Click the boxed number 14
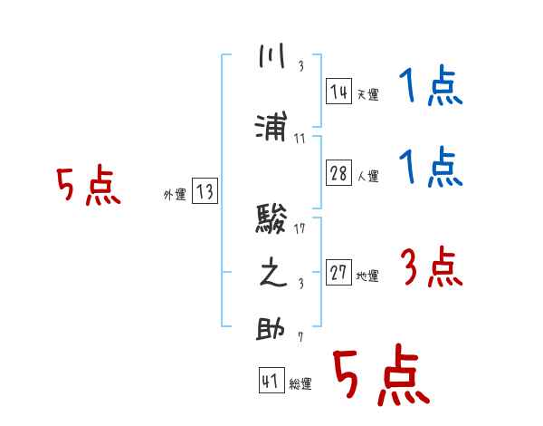pyautogui.click(x=338, y=91)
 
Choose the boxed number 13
pyautogui.click(x=205, y=191)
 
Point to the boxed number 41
pyautogui.click(x=270, y=382)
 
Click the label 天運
pyautogui.click(x=367, y=94)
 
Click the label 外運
pyautogui.click(x=175, y=194)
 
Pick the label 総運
pyautogui.click(x=300, y=384)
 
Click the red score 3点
pyautogui.click(x=431, y=268)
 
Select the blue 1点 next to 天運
pyautogui.click(x=431, y=88)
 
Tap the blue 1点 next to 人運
pyautogui.click(x=431, y=168)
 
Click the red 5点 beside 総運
pyautogui.click(x=380, y=376)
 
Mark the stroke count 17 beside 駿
pyautogui.click(x=300, y=228)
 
